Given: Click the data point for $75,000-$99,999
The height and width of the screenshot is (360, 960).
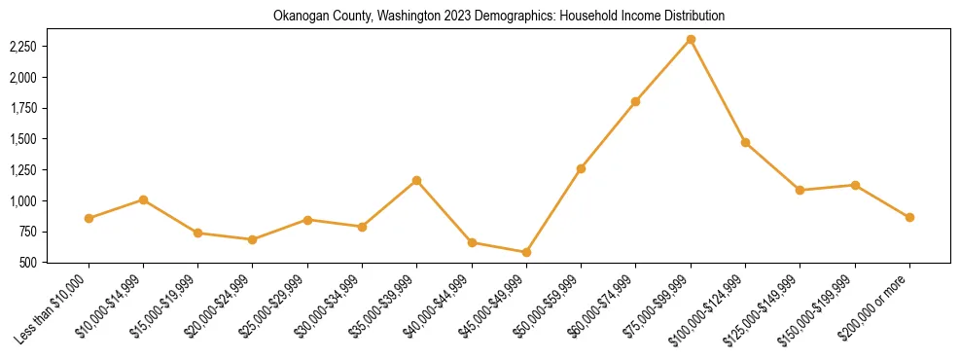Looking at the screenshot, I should (691, 39).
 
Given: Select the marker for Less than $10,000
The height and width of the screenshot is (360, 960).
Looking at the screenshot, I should (89, 218).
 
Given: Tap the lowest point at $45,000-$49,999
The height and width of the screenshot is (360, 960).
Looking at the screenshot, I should (526, 252).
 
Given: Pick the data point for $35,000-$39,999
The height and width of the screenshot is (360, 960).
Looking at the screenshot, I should (416, 180).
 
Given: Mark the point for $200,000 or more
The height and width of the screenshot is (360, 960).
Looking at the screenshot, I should (909, 217).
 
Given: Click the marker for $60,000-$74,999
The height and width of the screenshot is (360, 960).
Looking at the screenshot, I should (635, 101).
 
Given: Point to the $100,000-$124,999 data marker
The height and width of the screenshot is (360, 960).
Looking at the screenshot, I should (745, 142).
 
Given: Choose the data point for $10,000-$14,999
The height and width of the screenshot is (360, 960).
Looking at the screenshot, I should (143, 199).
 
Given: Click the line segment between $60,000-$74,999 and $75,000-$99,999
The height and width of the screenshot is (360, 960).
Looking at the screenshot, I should (662, 70).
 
